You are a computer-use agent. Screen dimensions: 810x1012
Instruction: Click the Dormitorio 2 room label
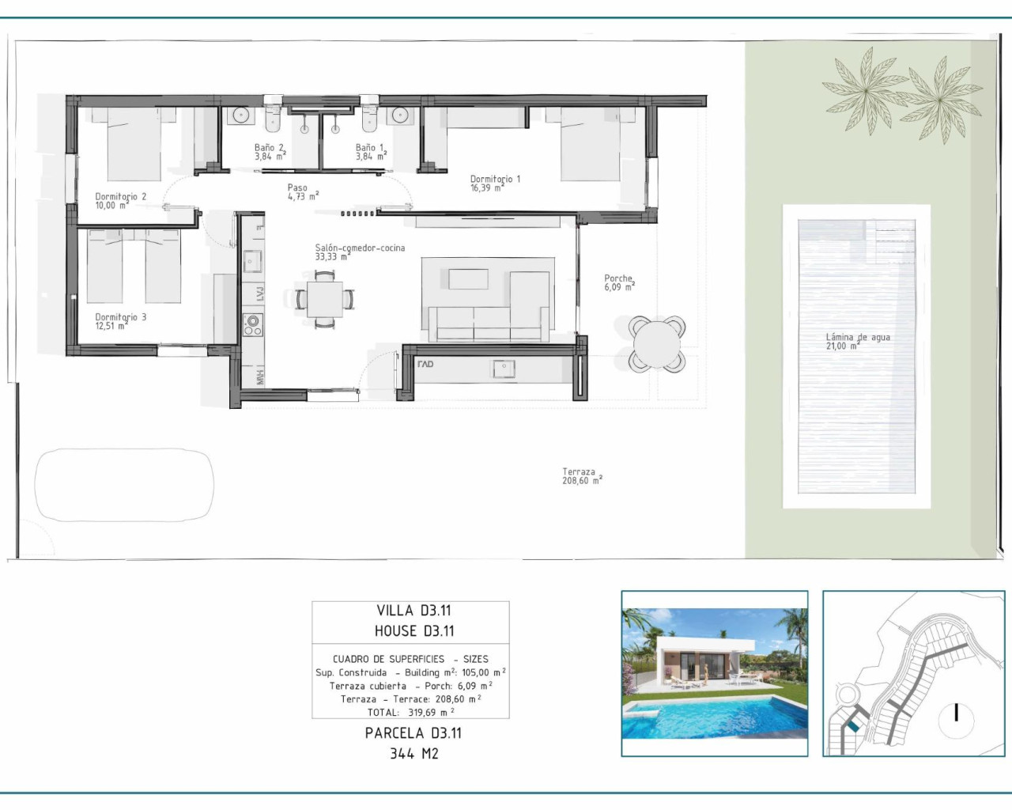pos(120,201)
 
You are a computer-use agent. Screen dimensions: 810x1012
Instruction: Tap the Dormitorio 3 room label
pos(120,321)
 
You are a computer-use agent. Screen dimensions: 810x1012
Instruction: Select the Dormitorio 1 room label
pos(495,184)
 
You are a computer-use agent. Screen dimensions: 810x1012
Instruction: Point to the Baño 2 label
pos(270,152)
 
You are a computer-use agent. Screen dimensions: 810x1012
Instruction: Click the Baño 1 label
pos(370,152)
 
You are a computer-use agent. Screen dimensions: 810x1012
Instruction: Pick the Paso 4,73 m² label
pos(302,192)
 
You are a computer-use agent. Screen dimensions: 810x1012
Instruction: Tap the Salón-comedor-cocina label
pos(360,252)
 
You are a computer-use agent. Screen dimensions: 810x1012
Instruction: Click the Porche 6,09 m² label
pos(619,282)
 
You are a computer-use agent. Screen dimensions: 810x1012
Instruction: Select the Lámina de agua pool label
pos(857,341)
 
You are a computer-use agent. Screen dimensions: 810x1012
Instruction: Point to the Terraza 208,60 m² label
pos(582,476)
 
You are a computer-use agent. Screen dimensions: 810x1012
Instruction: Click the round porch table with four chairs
pos(656,343)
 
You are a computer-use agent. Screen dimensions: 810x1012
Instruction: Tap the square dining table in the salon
pos(325,299)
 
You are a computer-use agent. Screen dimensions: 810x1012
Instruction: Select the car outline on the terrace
pos(124,485)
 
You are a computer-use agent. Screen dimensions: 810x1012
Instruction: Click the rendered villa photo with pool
pos(714,673)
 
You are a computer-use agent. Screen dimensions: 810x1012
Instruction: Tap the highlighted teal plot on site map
pos(853,725)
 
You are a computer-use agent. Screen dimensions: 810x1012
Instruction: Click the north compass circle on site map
pos(957,714)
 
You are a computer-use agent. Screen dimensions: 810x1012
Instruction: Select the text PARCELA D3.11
pos(413,733)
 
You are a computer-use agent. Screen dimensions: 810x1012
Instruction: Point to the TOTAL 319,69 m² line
pos(410,712)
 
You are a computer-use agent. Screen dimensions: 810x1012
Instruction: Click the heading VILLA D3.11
pos(413,611)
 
